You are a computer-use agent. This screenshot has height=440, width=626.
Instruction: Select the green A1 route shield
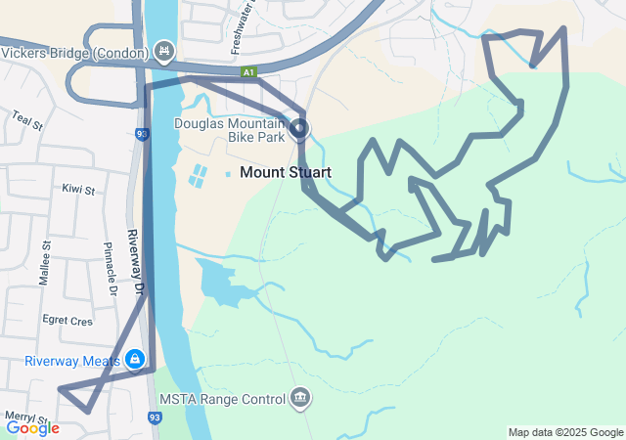250,71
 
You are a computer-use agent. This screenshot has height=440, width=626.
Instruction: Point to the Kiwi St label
77,189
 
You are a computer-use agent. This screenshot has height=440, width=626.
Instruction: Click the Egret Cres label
67,320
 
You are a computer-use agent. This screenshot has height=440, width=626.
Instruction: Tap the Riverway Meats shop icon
135,360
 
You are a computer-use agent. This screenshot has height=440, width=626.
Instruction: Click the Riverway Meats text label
72,361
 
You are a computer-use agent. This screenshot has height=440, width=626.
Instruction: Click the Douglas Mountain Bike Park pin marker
299,129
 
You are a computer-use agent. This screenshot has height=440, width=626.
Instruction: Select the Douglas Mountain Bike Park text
230,130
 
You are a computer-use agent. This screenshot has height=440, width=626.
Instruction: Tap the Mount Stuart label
285,172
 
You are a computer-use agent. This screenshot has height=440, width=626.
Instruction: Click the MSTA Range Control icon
300,398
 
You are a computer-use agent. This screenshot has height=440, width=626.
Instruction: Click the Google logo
32,427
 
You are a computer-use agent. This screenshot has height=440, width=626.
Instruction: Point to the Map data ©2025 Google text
564,432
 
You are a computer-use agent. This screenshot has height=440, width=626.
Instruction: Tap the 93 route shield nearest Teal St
143,134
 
